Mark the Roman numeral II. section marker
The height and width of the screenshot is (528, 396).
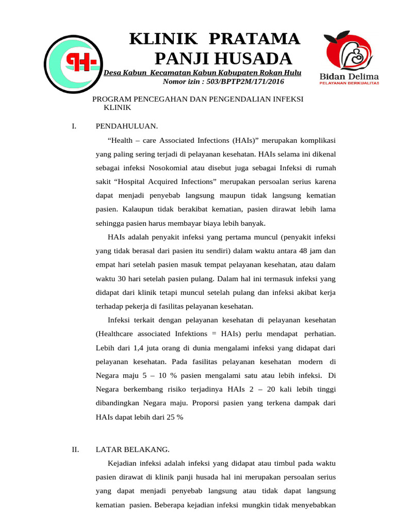(75, 449)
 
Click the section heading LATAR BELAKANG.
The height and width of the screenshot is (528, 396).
(133, 449)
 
